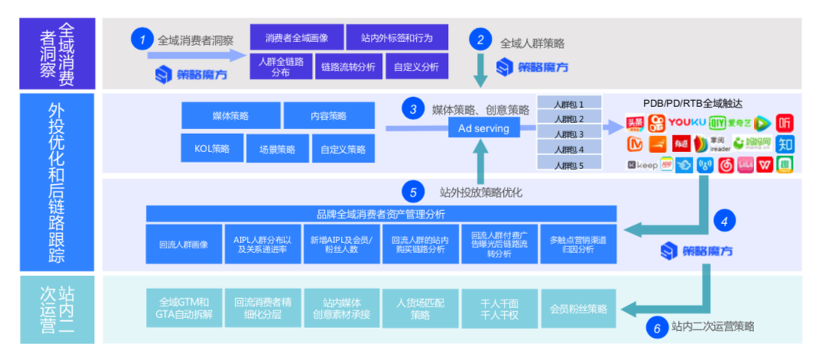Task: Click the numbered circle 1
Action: [x=141, y=38]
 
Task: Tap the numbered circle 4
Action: [x=723, y=222]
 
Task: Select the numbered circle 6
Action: [x=656, y=327]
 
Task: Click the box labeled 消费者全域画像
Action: [x=294, y=37]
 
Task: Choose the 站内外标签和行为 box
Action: [x=396, y=37]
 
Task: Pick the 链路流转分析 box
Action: [x=349, y=66]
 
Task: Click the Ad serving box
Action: [x=483, y=128]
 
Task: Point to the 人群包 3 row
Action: [x=569, y=135]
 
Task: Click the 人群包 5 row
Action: [x=569, y=165]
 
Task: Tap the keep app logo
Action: [x=642, y=164]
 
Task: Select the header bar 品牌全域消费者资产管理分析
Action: [x=381, y=214]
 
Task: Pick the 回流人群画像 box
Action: [x=184, y=245]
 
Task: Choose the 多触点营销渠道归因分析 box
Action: [x=577, y=245]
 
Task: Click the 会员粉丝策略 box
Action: [x=578, y=309]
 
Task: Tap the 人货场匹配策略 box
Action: [x=420, y=309]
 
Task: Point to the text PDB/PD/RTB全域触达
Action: [x=693, y=103]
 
